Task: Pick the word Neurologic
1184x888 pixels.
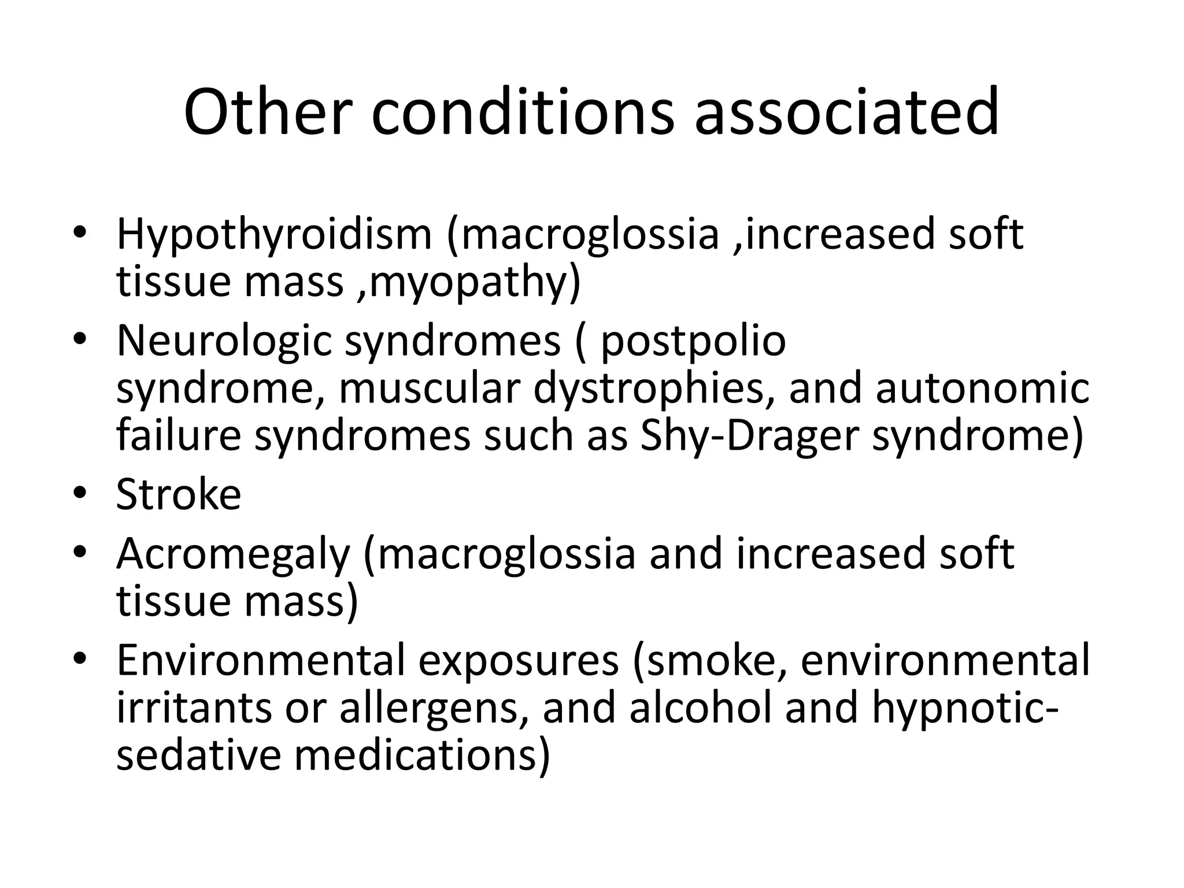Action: [x=224, y=341]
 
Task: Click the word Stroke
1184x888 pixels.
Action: [x=179, y=495]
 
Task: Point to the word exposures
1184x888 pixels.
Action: [x=518, y=661]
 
